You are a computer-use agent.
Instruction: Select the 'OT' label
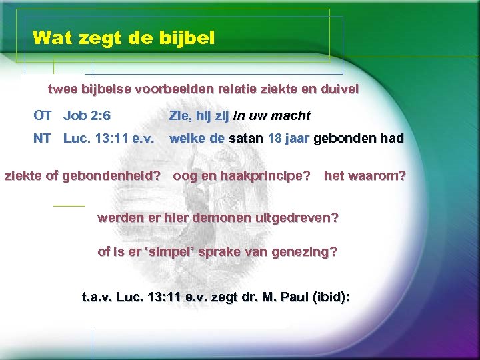click(43, 115)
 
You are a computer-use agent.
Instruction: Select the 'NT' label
click(43, 139)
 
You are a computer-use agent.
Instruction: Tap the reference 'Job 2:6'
click(87, 115)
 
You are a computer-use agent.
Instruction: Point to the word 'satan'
click(246, 139)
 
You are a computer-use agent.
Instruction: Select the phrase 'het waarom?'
click(365, 177)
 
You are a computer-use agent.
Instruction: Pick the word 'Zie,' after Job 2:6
click(181, 115)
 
